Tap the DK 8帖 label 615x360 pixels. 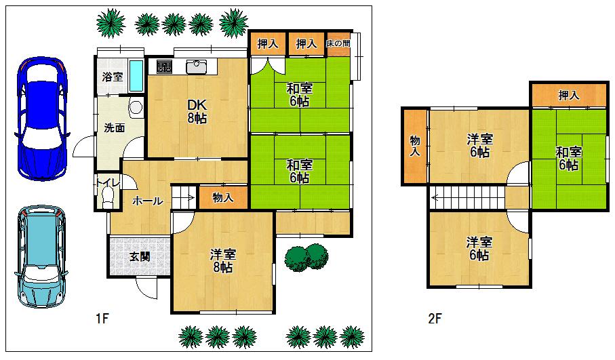click(197, 111)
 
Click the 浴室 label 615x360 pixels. click(113, 77)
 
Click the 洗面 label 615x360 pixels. click(114, 127)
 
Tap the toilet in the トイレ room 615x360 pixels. click(106, 195)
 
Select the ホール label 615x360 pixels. click(147, 201)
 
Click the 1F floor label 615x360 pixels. click(102, 318)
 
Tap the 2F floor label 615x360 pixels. click(435, 318)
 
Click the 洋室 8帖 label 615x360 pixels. click(222, 260)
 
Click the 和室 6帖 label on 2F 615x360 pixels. click(568, 158)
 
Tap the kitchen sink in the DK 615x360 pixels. click(197, 66)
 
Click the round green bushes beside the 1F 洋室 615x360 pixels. click(306, 256)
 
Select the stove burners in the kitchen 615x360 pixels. click(164, 66)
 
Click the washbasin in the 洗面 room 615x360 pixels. click(136, 107)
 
